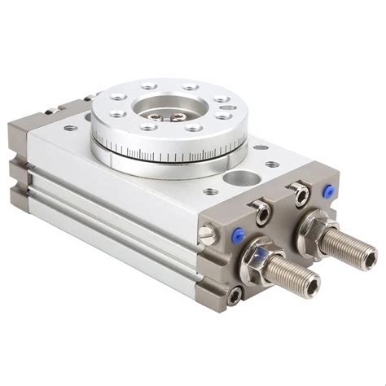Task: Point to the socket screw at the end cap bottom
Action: (235, 296)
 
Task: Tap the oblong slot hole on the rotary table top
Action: (228, 107)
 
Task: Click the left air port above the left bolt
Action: (262, 213)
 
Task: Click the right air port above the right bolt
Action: (301, 194)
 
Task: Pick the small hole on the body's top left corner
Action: (72, 128)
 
